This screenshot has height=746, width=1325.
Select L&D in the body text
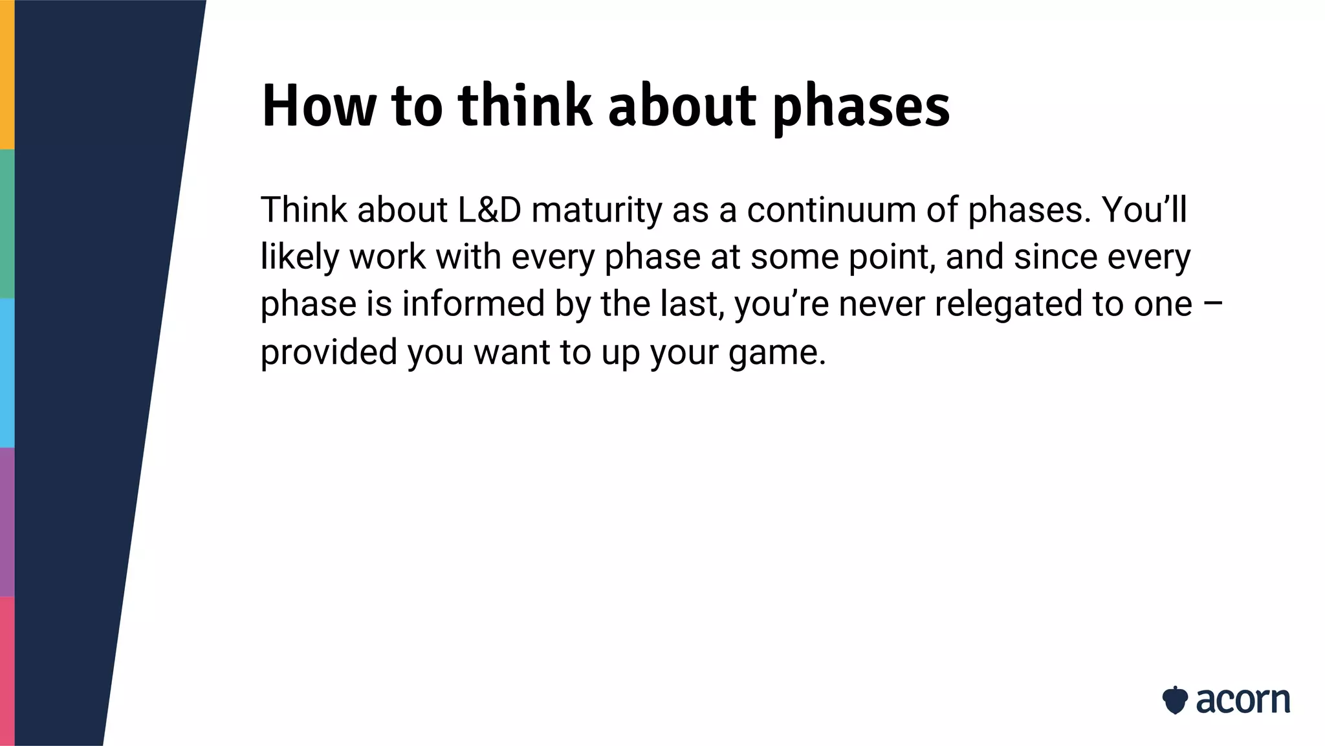point(489,210)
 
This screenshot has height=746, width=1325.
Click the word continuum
point(831,210)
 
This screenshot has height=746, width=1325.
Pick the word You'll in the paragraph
point(1144,210)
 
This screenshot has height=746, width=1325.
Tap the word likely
point(300,258)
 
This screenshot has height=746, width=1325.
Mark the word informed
point(473,304)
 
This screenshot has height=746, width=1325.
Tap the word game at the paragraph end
point(776,354)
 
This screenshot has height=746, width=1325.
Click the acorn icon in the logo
point(1175,700)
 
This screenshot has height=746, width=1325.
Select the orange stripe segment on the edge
point(7,74)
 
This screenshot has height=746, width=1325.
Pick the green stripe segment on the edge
point(7,223)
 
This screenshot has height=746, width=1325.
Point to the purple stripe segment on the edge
point(7,522)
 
